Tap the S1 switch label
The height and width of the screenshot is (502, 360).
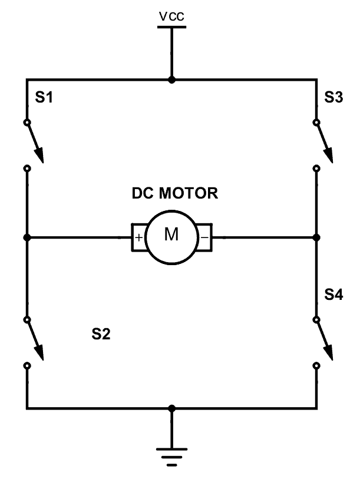(x=44, y=98)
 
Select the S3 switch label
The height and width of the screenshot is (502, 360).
(x=333, y=98)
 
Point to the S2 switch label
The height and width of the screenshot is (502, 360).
(x=101, y=335)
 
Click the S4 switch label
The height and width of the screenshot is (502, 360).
(x=333, y=295)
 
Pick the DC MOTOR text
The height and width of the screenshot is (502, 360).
(x=174, y=193)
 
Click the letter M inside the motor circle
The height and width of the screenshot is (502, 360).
(x=171, y=235)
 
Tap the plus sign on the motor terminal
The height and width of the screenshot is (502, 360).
(x=139, y=238)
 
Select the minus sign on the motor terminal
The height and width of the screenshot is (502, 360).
(x=204, y=238)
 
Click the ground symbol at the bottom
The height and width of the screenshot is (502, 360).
(x=171, y=456)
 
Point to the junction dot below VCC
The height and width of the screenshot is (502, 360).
(x=171, y=80)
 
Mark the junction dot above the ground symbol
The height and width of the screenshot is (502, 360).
(x=171, y=408)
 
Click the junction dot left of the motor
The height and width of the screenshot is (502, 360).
(x=27, y=237)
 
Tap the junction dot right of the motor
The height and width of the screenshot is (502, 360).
(x=316, y=237)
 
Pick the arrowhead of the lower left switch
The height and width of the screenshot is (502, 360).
(x=40, y=352)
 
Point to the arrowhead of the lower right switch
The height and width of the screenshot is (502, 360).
(x=330, y=352)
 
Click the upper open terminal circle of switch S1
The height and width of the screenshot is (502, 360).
(x=27, y=123)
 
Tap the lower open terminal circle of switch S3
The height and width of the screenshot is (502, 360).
(x=316, y=169)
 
